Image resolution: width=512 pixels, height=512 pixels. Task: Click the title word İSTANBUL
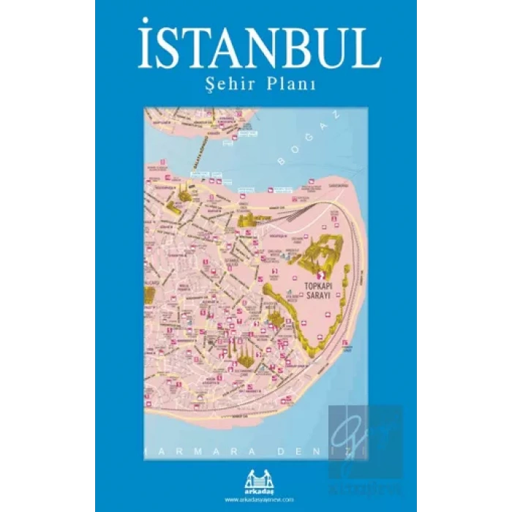259,49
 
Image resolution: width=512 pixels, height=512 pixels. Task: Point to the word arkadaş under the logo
257,478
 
